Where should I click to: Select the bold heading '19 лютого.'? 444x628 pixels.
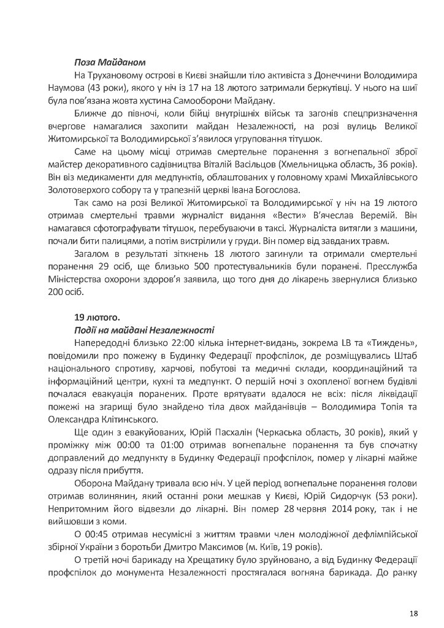pyautogui.click(x=96, y=318)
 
